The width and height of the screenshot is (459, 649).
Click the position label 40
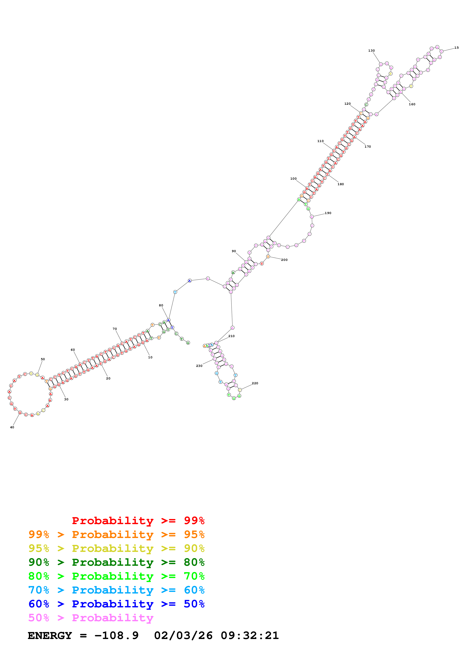pyautogui.click(x=12, y=427)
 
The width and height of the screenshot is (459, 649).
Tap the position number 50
pyautogui.click(x=43, y=359)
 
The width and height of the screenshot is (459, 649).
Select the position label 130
pyautogui.click(x=371, y=51)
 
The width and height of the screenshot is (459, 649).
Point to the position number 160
pyautogui.click(x=412, y=104)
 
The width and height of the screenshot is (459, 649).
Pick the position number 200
pyautogui.click(x=284, y=260)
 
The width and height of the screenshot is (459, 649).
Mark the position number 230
pyautogui.click(x=199, y=366)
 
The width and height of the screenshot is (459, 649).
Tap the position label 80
pyautogui.click(x=161, y=305)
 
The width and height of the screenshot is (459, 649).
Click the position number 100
pyautogui.click(x=293, y=179)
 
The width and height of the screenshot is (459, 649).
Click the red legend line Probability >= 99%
pyautogui.click(x=138, y=520)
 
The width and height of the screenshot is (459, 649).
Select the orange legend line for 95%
pyautogui.click(x=116, y=534)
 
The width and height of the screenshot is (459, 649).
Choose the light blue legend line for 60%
pyautogui.click(x=116, y=590)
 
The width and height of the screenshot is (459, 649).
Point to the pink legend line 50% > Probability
pyautogui.click(x=91, y=618)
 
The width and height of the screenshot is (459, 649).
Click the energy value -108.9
pyautogui.click(x=116, y=635)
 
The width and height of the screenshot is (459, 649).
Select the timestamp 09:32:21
pyautogui.click(x=250, y=635)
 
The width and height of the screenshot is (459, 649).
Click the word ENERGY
pyautogui.click(x=50, y=635)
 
